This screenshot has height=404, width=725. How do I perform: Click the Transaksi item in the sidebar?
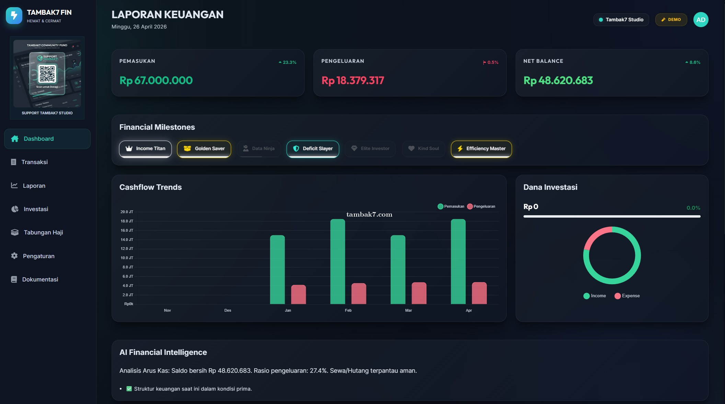34,162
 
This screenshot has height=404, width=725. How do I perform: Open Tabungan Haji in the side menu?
43,232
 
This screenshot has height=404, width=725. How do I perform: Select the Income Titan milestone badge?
145,149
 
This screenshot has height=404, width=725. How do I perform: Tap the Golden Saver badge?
204,149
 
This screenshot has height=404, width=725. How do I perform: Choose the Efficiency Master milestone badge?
481,149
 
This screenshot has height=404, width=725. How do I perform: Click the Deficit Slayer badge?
313,149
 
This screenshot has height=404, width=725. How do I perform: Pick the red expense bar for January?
298,295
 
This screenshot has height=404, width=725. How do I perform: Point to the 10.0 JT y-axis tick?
127,258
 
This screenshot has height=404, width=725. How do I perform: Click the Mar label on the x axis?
408,310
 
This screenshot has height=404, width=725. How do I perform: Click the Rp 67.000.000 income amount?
156,80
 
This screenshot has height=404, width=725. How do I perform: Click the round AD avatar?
701,20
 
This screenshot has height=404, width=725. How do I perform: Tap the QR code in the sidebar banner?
47,73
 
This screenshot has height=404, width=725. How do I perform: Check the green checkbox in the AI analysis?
129,389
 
